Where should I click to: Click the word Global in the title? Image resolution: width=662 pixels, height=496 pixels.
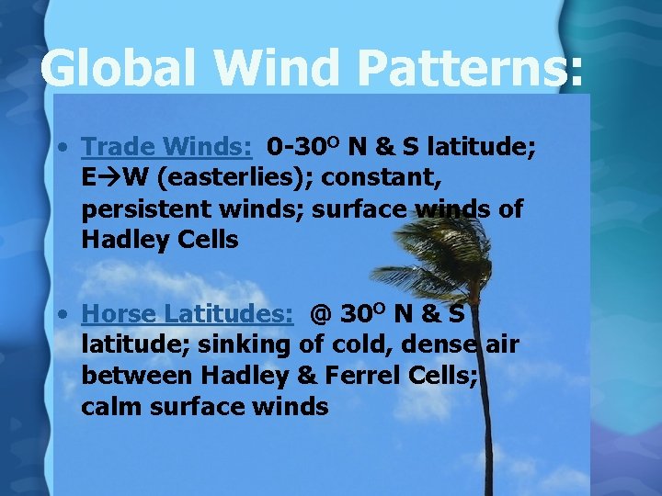[x=123, y=68]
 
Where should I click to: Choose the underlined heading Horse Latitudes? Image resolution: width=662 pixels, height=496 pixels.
[x=188, y=314]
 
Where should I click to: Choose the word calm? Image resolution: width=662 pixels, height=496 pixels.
[x=111, y=407]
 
